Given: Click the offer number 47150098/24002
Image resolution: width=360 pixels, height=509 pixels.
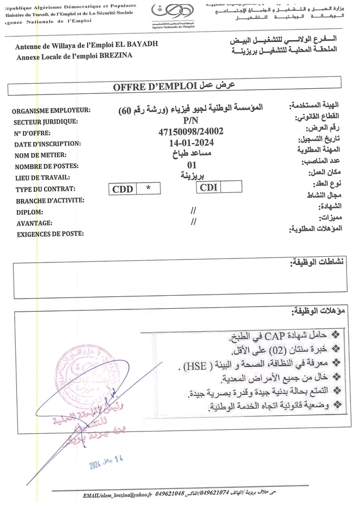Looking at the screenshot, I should (191, 132).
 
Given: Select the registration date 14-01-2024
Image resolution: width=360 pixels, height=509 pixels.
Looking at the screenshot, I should (191, 143).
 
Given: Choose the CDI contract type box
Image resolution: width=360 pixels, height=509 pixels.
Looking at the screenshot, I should (209, 188).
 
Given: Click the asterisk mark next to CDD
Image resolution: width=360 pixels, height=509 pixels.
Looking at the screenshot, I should (148, 189).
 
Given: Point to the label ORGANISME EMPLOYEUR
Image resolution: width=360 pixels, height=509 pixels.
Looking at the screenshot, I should (51, 111).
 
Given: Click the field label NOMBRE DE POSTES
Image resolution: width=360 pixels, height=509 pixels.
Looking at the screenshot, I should (46, 166).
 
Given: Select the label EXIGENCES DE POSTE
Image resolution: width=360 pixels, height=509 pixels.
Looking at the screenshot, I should (50, 234).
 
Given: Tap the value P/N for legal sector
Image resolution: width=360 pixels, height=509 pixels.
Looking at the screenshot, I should (191, 120).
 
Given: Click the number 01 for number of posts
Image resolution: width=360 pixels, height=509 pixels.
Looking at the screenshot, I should (191, 165).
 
